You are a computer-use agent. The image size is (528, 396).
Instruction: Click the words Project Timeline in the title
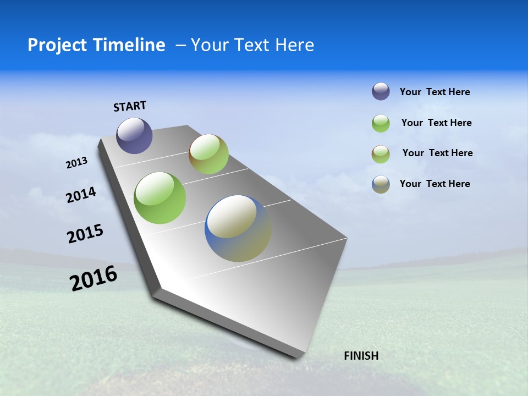pos(96,45)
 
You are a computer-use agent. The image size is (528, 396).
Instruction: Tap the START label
pos(130,106)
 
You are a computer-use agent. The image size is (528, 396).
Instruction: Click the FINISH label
pos(361,356)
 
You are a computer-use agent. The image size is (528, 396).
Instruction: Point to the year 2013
pos(77,163)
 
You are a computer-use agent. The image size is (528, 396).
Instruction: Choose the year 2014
pos(81,195)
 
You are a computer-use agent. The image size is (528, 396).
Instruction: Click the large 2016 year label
pos(94,278)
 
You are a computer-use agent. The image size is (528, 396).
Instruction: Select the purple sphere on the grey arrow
pos(134,135)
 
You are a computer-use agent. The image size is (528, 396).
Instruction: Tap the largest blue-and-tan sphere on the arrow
pos(238,228)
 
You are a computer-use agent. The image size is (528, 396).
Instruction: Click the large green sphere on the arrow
pos(159,198)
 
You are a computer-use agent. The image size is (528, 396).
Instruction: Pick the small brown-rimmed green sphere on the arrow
pos(208,154)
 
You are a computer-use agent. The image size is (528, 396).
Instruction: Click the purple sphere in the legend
pos(381,92)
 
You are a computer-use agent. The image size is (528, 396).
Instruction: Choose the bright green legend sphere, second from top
pos(381,123)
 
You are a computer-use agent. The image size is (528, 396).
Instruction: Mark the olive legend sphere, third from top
pos(381,154)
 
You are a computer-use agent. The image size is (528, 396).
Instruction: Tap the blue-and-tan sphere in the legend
pos(381,184)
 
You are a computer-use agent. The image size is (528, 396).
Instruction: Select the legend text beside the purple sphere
pos(435,92)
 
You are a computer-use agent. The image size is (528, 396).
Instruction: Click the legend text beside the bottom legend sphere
pos(435,184)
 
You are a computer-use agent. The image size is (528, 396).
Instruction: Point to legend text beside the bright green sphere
pos(436,123)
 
